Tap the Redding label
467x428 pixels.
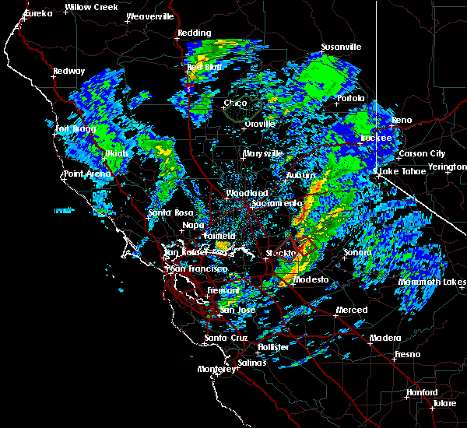pyautogui.click(x=194, y=33)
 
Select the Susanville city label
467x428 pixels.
pyautogui.click(x=341, y=47)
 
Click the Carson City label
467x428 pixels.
pyautogui.click(x=421, y=153)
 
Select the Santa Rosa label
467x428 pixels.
pyautogui.click(x=170, y=212)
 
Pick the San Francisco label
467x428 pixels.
pyautogui.click(x=198, y=268)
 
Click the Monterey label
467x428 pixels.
pyautogui.click(x=216, y=369)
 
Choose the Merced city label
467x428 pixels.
pyautogui.click(x=351, y=310)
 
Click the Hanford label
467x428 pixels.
pyautogui.click(x=421, y=392)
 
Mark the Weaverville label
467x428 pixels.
pyautogui.click(x=149, y=16)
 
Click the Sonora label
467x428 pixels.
pyautogui.click(x=358, y=253)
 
